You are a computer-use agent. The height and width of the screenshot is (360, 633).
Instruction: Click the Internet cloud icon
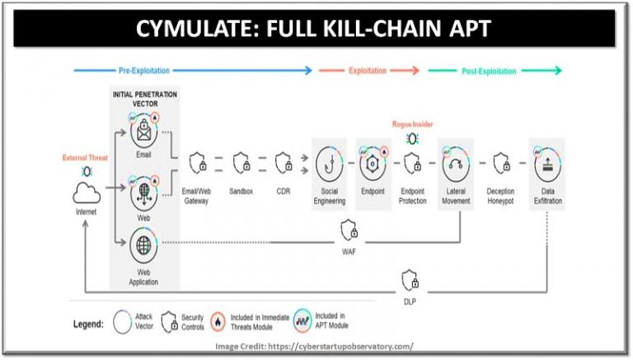point(86,194)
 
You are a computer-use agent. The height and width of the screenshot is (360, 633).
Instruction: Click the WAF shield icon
point(348,229)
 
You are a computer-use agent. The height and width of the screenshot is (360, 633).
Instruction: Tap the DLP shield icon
point(410,279)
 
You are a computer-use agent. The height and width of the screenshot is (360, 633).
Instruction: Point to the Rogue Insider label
point(412,124)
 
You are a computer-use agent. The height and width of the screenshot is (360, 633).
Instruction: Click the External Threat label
point(86,157)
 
